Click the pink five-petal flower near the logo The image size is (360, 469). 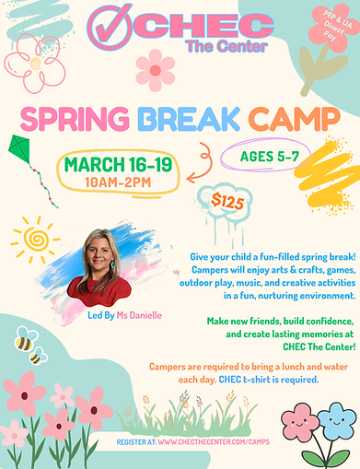coord(155,68)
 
